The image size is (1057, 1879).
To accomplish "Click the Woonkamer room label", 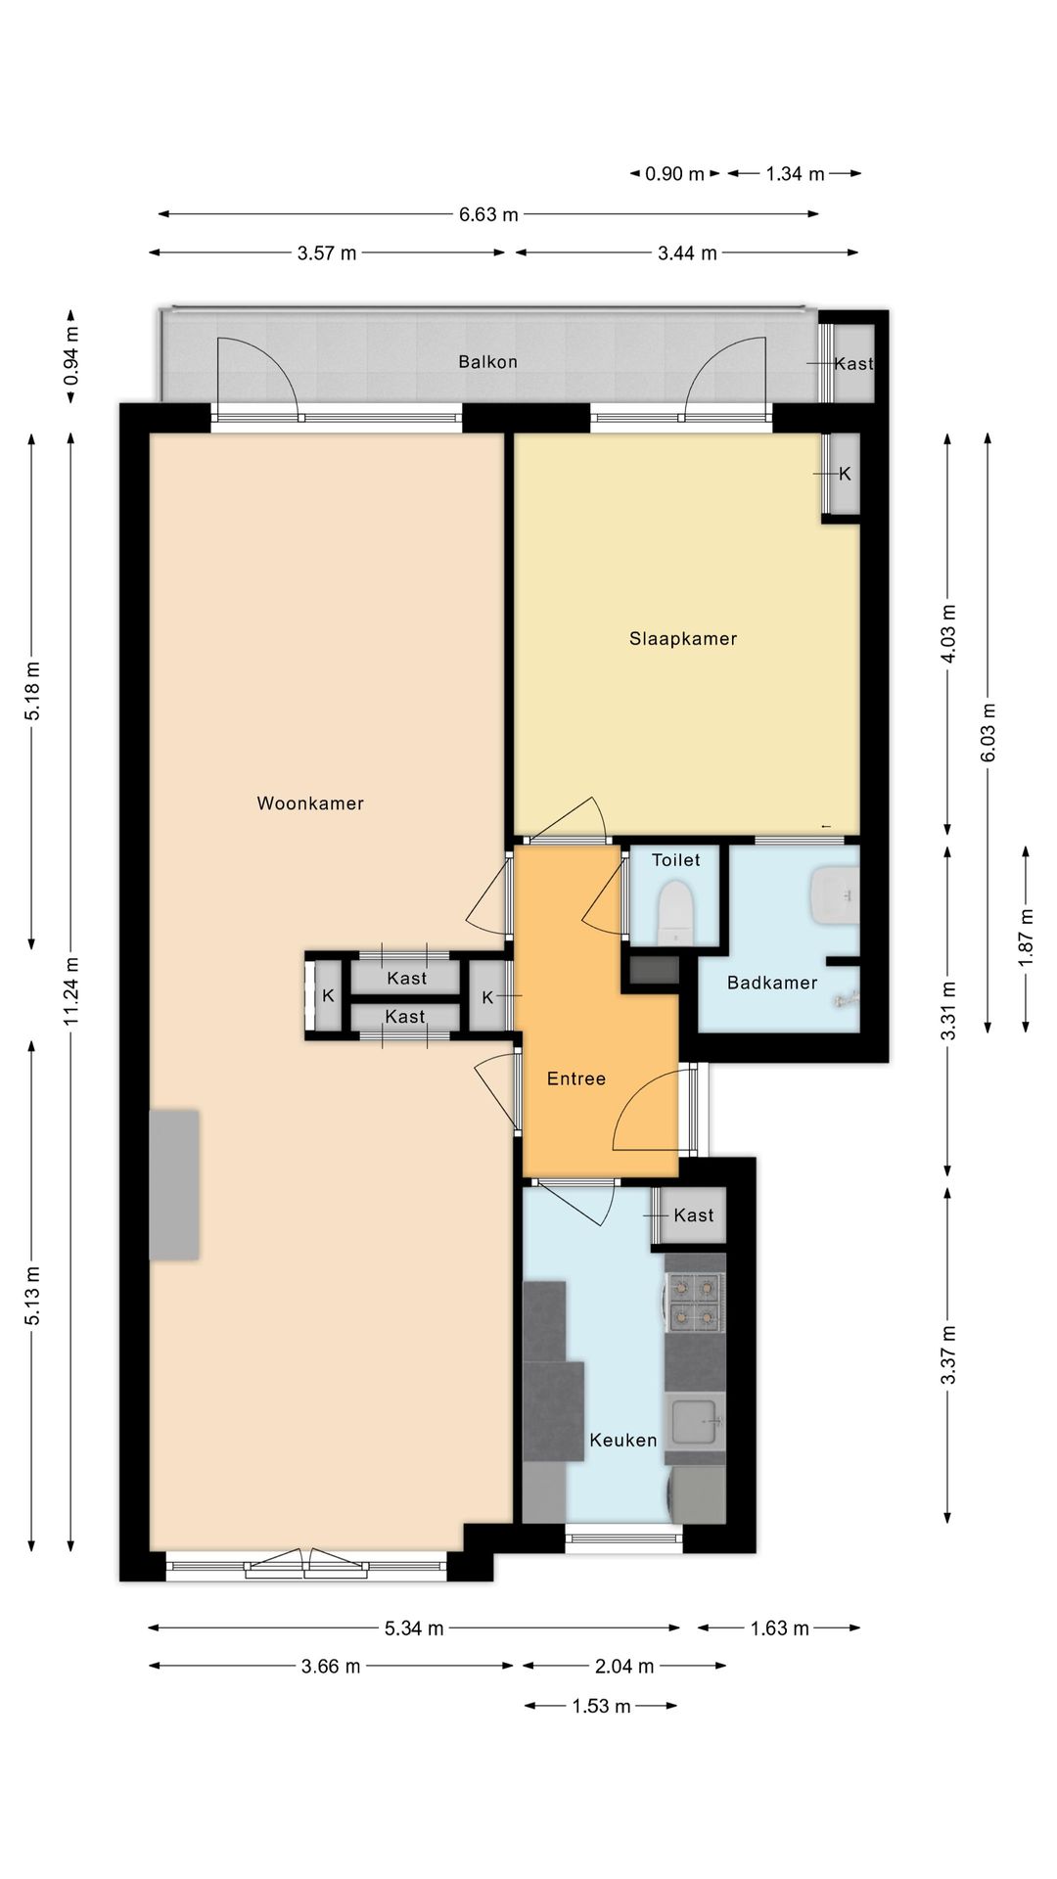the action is tap(310, 803).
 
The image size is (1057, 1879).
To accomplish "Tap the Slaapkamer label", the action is tap(683, 639).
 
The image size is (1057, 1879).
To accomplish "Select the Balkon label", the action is tap(487, 362).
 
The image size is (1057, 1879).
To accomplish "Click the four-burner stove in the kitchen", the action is tap(695, 1302).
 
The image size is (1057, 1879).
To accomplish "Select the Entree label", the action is tap(575, 1078).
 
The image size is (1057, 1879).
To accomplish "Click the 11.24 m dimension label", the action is tap(71, 991).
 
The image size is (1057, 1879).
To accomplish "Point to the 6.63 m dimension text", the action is tap(488, 214).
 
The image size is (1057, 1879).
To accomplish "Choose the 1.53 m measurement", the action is tap(601, 1706).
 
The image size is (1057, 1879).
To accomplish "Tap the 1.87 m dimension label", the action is tap(1026, 938).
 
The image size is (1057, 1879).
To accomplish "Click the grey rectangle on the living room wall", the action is tap(174, 1184).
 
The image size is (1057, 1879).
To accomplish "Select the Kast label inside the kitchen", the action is tap(694, 1215).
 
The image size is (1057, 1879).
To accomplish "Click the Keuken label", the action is tap(622, 1441).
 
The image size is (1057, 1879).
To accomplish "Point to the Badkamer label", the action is tap(771, 983).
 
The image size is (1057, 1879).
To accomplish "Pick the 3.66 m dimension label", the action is tap(331, 1666).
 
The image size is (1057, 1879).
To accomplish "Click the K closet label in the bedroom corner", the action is tap(845, 474).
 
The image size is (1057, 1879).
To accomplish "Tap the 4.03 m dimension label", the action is tap(947, 634).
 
